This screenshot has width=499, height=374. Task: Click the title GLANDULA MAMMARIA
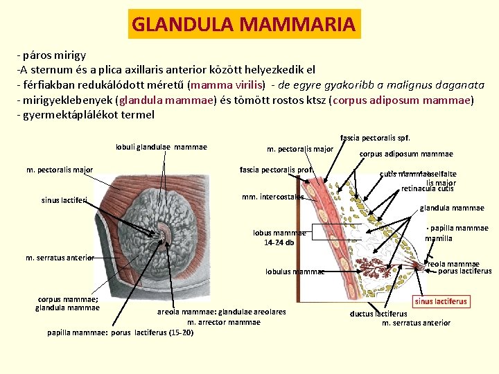click(243, 24)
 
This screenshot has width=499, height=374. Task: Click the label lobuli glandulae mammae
click(161, 147)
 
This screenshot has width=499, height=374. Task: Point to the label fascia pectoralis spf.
click(380, 138)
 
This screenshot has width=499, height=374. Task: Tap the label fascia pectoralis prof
click(277, 170)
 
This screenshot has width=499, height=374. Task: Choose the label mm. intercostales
click(273, 197)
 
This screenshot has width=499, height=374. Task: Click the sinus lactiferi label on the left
click(64, 201)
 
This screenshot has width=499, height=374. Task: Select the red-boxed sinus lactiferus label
click(441, 301)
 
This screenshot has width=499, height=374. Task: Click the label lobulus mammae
click(295, 271)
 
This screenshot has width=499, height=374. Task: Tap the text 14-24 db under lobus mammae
click(279, 242)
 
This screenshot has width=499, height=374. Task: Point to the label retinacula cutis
click(428, 188)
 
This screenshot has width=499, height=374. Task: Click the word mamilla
click(439, 238)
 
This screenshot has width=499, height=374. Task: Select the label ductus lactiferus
click(379, 314)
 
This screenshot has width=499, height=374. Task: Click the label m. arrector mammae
click(224, 322)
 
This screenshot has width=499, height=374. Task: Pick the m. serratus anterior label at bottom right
click(416, 323)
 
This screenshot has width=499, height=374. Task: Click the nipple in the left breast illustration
click(166, 235)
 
